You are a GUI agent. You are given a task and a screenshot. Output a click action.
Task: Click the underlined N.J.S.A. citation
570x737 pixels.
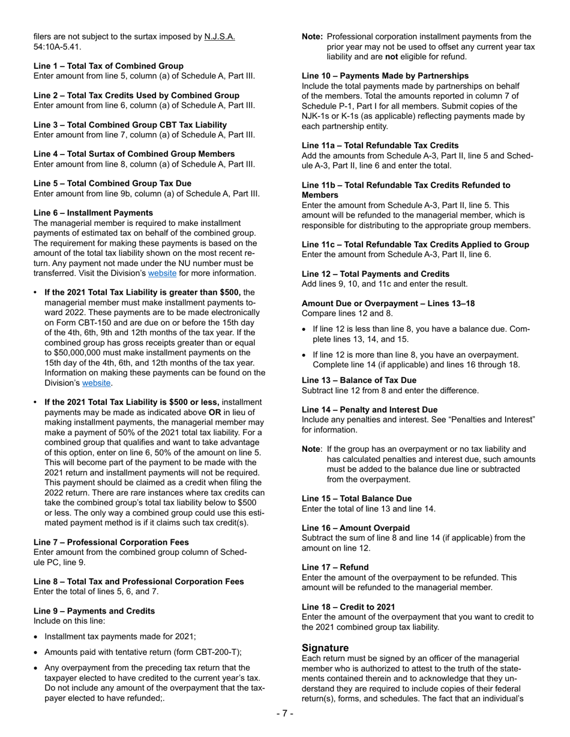click(219, 37)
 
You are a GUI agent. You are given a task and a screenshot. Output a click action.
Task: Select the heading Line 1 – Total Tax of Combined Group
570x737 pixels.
click(109, 66)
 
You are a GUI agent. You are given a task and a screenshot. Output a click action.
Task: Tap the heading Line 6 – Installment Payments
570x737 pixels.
click(93, 213)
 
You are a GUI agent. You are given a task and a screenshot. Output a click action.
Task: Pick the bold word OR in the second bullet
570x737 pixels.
click(215, 412)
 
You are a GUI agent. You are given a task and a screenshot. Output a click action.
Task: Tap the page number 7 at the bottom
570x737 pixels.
click(285, 713)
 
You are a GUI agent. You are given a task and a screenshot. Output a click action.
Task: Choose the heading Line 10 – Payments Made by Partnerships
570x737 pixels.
click(385, 75)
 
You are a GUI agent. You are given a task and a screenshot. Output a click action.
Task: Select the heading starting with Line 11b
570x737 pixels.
click(406, 190)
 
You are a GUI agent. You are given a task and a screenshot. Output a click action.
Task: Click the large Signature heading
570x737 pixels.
click(325, 648)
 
